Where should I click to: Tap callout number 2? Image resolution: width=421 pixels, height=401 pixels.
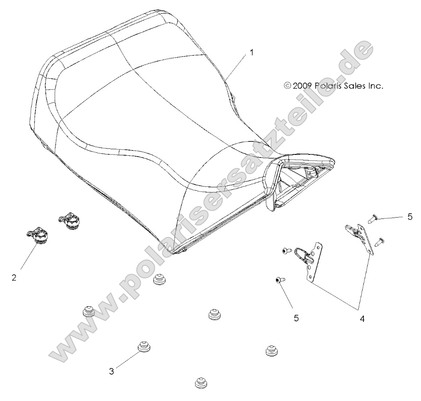click(x=14, y=278)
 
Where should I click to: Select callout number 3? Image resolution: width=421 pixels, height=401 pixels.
click(x=111, y=372)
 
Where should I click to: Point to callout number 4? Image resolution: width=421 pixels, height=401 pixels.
click(x=362, y=319)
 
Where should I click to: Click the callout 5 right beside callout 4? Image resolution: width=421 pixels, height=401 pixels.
click(x=296, y=318)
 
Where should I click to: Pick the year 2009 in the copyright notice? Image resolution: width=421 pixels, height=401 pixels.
click(x=302, y=86)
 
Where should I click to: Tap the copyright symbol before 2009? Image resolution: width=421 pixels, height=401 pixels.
click(x=288, y=86)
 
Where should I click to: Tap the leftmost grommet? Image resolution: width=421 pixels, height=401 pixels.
click(x=88, y=312)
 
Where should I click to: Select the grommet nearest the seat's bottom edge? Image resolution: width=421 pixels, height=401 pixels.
click(x=159, y=280)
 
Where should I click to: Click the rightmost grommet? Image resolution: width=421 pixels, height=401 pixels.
click(x=271, y=350)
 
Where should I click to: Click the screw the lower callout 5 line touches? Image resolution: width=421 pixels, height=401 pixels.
click(x=280, y=280)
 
